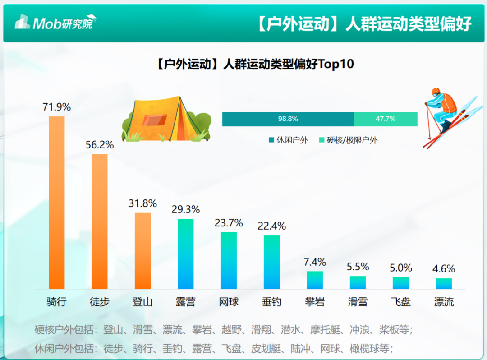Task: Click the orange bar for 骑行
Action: pos(57,203)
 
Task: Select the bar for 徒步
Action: pos(100,222)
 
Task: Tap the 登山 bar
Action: pos(142,251)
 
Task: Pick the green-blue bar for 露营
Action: pos(185,254)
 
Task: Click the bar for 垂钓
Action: pos(271,262)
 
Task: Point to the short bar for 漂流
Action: pos(444,284)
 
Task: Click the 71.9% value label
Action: pos(57,107)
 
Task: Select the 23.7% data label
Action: pos(229,223)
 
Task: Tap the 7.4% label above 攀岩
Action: pos(315,262)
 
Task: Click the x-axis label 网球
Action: pos(229,302)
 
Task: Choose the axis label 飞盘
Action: pos(400,302)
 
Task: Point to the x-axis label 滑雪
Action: pos(358,302)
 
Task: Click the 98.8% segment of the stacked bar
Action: pos(288,119)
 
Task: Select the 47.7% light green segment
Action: pos(386,119)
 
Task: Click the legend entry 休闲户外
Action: pos(289,140)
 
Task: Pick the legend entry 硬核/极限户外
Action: pos(348,140)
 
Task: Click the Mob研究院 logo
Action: pos(55,22)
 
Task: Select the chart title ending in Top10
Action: pos(255,65)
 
